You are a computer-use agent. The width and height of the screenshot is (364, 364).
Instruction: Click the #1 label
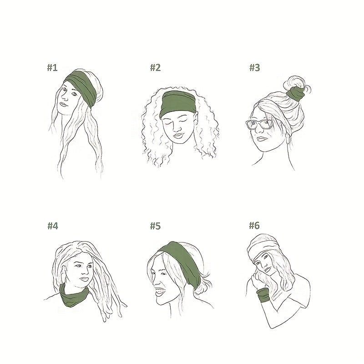[52, 67]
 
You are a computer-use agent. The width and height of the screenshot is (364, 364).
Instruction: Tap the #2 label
[155, 67]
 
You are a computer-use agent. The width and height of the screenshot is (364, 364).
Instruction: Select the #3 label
[255, 67]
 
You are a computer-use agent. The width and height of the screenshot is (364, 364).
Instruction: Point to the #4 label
[53, 226]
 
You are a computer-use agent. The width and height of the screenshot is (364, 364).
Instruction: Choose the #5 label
[155, 226]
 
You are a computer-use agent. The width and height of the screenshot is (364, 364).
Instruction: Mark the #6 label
[254, 225]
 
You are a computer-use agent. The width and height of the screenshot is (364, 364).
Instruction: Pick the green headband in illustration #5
[183, 261]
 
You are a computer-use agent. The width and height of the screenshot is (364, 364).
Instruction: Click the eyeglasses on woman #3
[259, 124]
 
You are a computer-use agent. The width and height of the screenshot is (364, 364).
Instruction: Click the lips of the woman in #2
[179, 136]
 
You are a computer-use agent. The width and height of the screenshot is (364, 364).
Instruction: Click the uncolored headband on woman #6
[263, 248]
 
